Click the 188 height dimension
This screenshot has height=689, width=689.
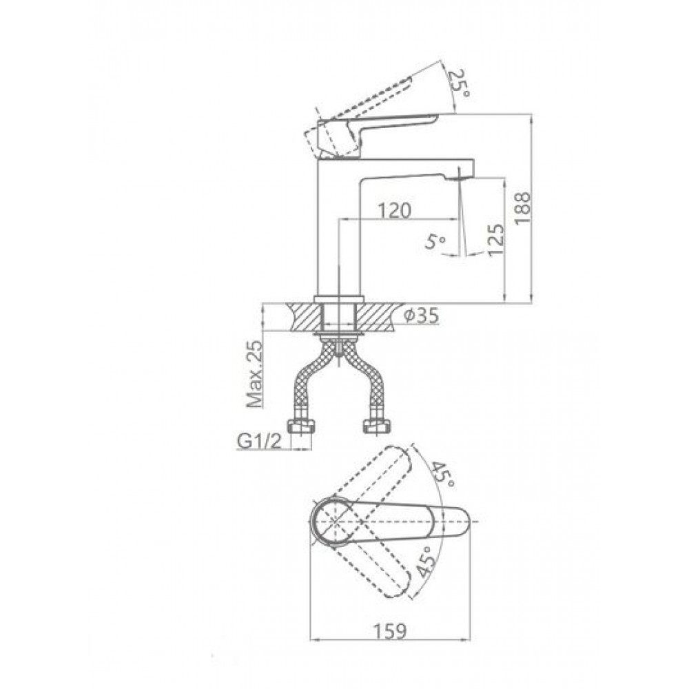(523, 208)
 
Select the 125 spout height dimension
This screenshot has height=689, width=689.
(495, 240)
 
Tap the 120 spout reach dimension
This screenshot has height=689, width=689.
(394, 210)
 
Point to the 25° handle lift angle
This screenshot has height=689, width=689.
(459, 84)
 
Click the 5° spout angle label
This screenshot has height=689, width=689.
(435, 240)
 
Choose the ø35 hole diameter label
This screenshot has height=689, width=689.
(421, 316)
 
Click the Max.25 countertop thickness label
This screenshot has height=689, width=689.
(254, 374)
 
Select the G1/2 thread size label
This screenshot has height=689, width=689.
(260, 441)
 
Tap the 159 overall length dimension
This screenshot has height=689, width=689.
(390, 631)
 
